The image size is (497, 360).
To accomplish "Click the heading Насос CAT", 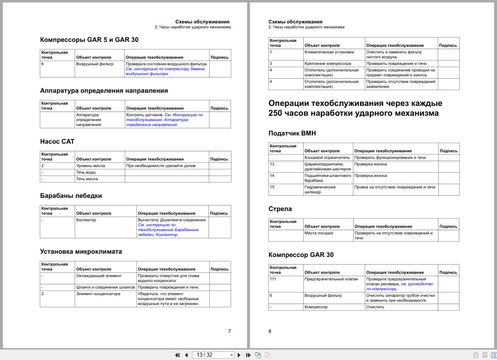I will coord(57,142).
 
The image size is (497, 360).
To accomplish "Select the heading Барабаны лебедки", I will coord(71,196).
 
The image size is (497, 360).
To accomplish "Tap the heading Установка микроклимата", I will coord(81,252).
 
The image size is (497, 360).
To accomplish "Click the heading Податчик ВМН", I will coord(292,133).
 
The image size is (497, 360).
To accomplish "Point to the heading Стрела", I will coord(280,209).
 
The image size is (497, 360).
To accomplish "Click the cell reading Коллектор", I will coord(86,220).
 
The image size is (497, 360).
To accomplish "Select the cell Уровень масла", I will coord(91,166).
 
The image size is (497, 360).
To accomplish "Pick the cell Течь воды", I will coord(86,172).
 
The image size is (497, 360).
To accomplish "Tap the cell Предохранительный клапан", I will coord(331,279).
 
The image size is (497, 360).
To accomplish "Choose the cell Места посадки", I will coord(319,233).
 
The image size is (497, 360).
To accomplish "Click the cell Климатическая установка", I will coord(329,52).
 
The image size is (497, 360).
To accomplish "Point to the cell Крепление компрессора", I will coord(328,64).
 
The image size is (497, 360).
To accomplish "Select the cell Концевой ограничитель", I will coord(327,158).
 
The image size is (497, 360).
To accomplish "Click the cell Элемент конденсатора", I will coord(98,294).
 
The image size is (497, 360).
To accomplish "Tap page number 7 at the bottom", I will coord(229,331).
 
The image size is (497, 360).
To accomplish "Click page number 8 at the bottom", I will coord(270,331).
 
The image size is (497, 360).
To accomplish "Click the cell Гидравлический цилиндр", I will coord(320,190).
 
